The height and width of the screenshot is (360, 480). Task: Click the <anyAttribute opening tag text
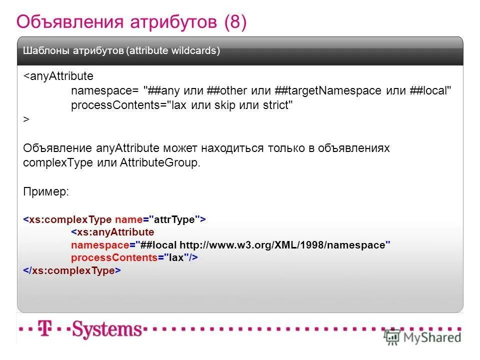click(x=58, y=76)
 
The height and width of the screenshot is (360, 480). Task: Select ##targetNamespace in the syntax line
click(x=328, y=91)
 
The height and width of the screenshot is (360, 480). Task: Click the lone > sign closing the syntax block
click(x=26, y=119)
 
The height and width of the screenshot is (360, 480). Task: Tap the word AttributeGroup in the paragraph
click(x=159, y=163)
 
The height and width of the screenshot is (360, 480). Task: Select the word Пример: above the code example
click(x=46, y=192)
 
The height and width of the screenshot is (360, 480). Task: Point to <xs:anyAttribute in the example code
click(x=112, y=232)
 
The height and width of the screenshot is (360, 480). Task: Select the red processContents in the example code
click(x=114, y=257)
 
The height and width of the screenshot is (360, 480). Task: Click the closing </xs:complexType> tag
click(x=72, y=270)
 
